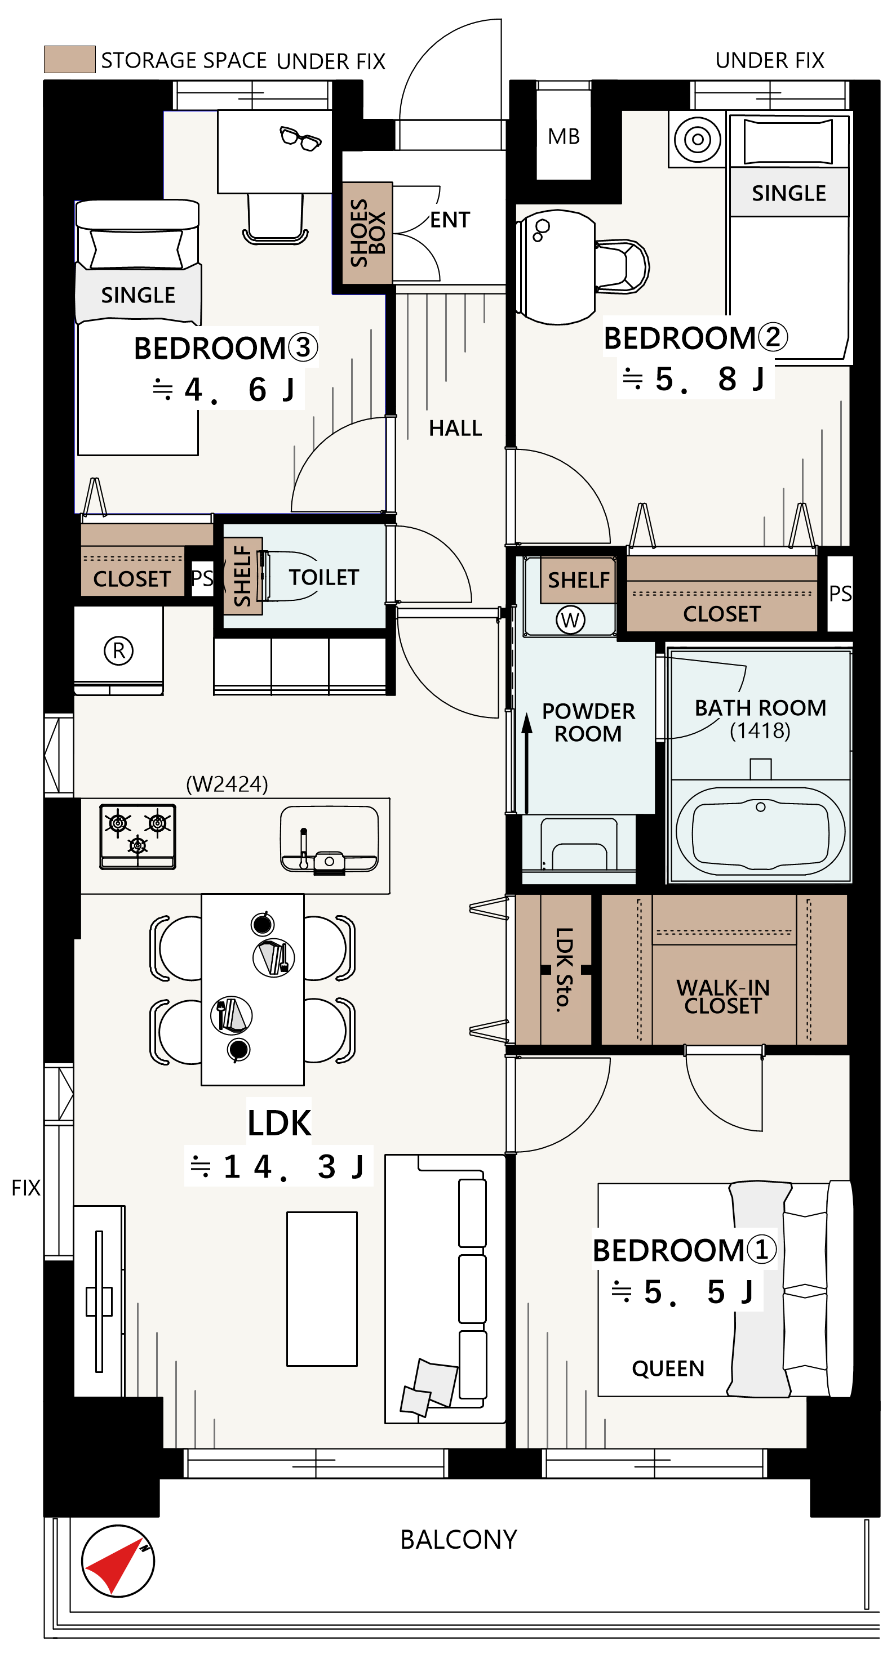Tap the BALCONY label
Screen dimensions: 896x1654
point(459,1540)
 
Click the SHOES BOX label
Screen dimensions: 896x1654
point(367,233)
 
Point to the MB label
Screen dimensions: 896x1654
point(564,136)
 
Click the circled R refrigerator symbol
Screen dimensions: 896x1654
point(119,650)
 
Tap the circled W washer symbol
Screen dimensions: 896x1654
point(570,620)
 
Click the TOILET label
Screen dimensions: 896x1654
point(323,577)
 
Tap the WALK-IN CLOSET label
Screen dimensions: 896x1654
point(723,996)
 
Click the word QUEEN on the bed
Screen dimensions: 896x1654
point(668,1368)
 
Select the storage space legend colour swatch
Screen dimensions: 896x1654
point(69,59)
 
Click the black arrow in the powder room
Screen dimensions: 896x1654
point(527,764)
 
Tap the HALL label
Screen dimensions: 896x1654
point(455,428)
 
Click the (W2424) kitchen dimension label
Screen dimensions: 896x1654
point(227,784)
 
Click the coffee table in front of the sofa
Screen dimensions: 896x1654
point(322,1289)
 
